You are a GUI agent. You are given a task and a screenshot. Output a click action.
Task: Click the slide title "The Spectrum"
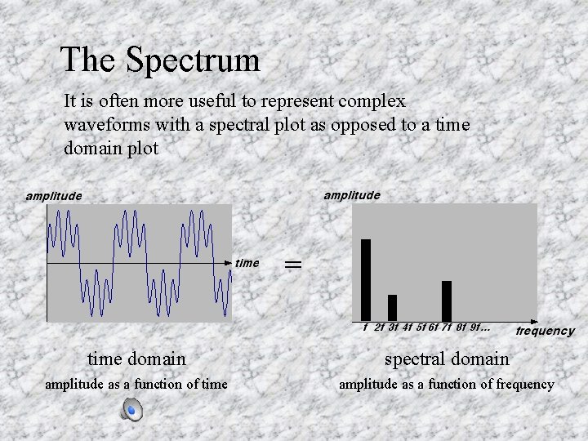160,60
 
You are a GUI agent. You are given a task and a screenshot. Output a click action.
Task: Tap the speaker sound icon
131,411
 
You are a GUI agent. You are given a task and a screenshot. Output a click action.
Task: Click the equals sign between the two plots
292,264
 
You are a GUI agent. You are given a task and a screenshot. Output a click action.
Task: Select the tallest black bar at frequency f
366,279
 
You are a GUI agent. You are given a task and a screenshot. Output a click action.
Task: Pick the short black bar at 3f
392,307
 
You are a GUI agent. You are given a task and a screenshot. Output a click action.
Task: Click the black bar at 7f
447,301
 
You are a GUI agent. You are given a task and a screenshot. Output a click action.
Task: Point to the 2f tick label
379,328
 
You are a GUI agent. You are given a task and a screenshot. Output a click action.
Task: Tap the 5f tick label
421,328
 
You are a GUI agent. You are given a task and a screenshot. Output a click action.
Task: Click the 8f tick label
461,328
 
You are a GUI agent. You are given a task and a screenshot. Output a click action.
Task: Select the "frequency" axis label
545,331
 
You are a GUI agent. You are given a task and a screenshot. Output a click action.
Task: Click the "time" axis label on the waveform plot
247,263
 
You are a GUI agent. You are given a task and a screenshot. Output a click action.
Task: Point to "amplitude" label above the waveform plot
53,196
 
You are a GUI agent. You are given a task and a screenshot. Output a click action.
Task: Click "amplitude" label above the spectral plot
351,195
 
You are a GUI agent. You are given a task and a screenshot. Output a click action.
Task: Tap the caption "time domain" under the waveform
136,359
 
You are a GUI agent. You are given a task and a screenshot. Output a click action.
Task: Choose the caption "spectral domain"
447,359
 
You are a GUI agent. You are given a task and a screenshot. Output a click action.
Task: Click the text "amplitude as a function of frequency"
446,384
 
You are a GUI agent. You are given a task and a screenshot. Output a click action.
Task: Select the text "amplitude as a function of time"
136,384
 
